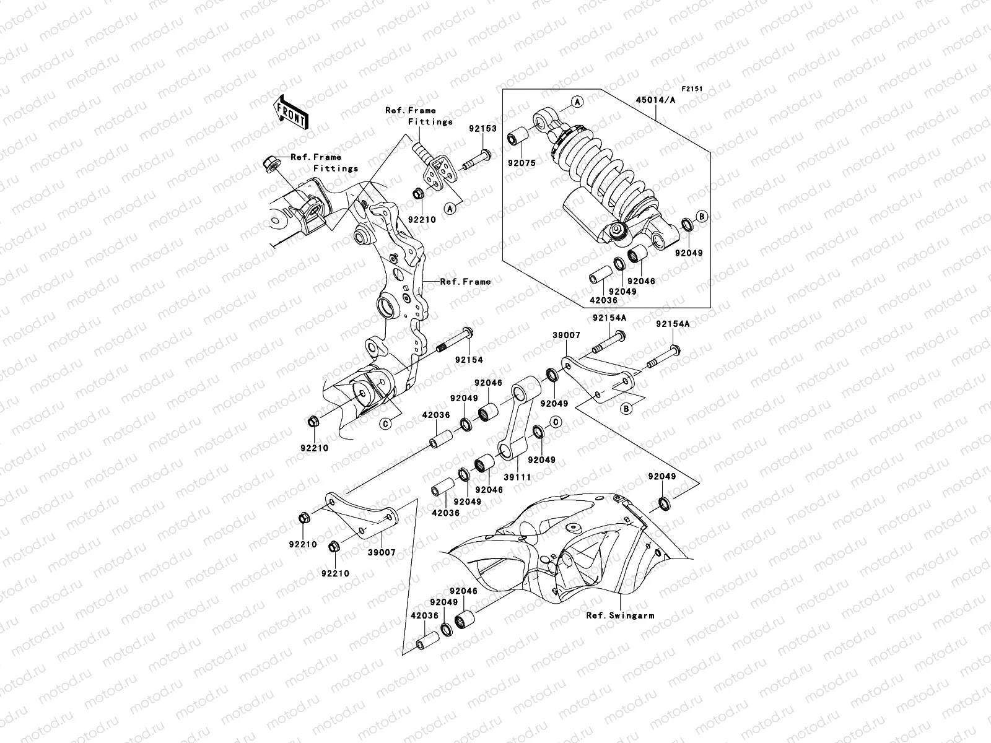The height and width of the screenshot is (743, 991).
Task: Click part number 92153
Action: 482,129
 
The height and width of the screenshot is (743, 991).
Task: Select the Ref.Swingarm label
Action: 620,615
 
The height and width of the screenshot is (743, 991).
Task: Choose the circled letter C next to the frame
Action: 385,424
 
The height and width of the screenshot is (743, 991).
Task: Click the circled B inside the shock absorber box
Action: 701,216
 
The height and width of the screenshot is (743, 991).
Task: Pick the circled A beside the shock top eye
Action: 577,102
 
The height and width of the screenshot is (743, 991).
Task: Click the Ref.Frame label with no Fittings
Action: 465,281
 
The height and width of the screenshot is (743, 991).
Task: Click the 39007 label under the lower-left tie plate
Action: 382,552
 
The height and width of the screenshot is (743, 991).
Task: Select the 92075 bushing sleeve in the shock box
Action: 517,137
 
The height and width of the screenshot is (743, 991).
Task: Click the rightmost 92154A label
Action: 673,324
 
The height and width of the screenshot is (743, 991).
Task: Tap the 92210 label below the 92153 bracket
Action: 421,220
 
